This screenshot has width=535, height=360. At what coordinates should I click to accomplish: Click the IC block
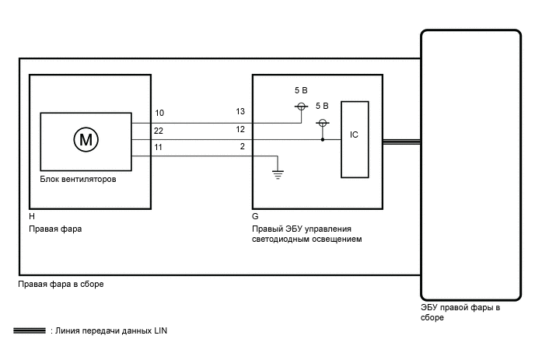(x=355, y=135)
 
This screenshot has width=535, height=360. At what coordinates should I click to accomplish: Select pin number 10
(x=159, y=114)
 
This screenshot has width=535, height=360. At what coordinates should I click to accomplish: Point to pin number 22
(x=159, y=130)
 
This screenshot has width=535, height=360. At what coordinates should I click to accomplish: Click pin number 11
(x=159, y=146)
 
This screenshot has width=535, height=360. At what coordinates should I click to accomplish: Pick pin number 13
(x=240, y=111)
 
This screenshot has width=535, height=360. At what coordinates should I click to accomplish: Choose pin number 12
(x=240, y=129)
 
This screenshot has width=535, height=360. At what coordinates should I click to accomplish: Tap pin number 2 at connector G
(x=243, y=145)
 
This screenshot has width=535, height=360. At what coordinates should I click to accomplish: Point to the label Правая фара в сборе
(x=61, y=285)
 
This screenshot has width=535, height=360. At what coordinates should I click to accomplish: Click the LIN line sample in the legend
(x=29, y=331)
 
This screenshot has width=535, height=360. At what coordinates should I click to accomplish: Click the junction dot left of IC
(x=322, y=140)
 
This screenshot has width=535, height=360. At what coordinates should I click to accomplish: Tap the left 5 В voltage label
(x=300, y=91)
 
